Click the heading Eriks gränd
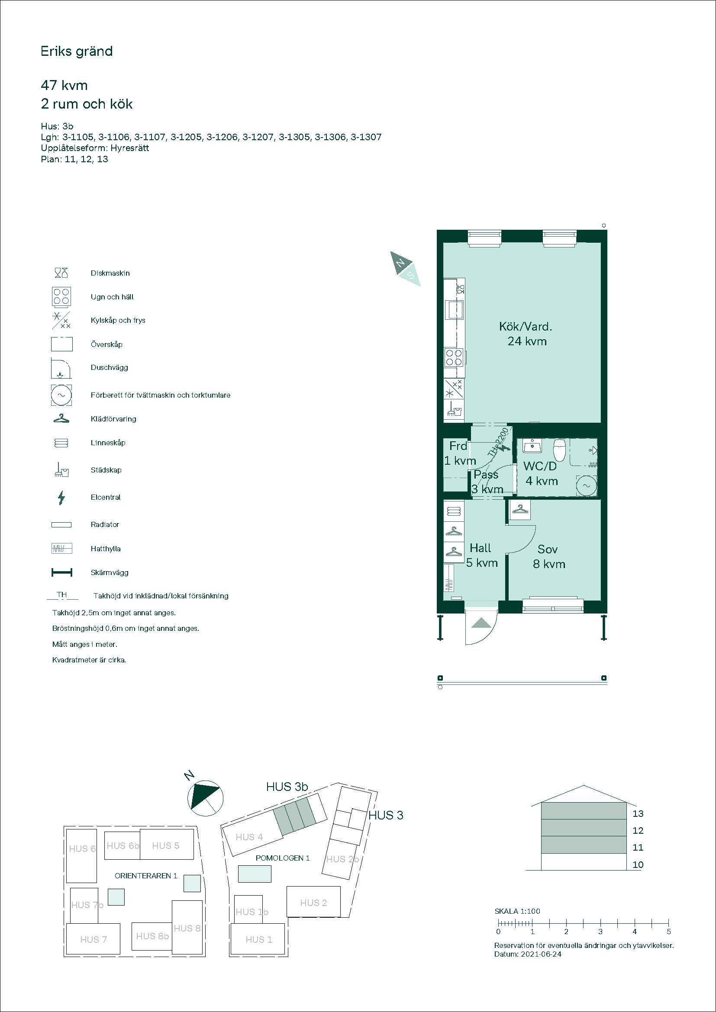[77, 51]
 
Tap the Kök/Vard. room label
[526, 327]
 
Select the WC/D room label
[540, 466]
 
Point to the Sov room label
[548, 549]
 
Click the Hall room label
[480, 548]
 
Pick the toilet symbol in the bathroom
[559, 449]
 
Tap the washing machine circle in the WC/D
[587, 485]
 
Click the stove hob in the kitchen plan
[453, 357]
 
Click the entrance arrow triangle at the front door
[481, 622]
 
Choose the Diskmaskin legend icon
[61, 273]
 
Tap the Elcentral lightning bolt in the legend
[61, 498]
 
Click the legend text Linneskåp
[108, 443]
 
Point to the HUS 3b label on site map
[287, 787]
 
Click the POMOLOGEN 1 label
[283, 858]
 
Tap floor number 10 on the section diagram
[638, 864]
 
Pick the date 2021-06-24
[541, 954]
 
